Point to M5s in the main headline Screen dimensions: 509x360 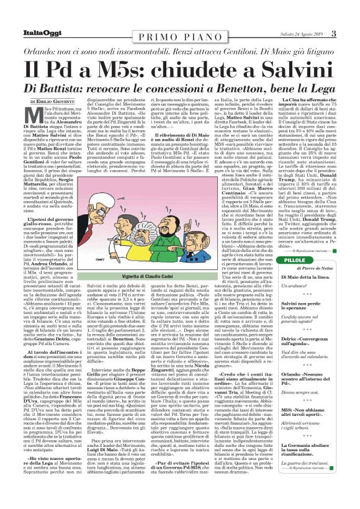[x=123, y=66]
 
